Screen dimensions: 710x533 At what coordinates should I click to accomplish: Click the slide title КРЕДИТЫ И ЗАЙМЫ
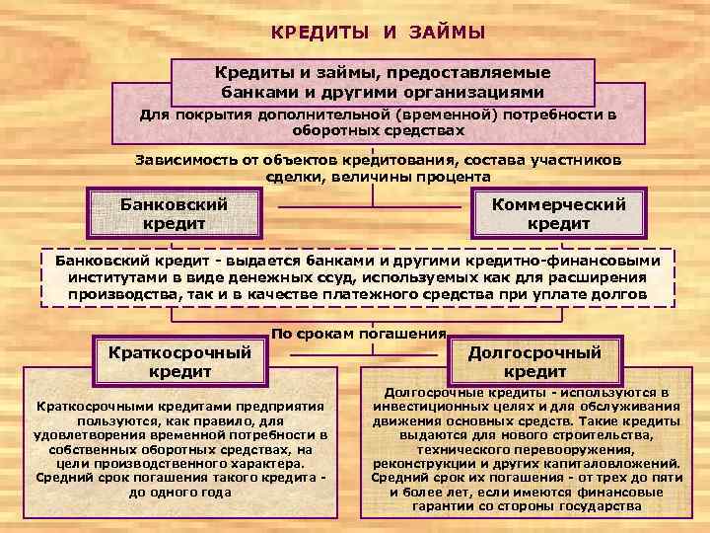pyautogui.click(x=379, y=33)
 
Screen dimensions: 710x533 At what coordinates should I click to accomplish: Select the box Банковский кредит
pyautogui.click(x=174, y=213)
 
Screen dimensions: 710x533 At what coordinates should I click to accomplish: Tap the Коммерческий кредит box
pyautogui.click(x=559, y=213)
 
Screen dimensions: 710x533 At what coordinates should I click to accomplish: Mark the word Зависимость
pyautogui.click(x=182, y=160)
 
